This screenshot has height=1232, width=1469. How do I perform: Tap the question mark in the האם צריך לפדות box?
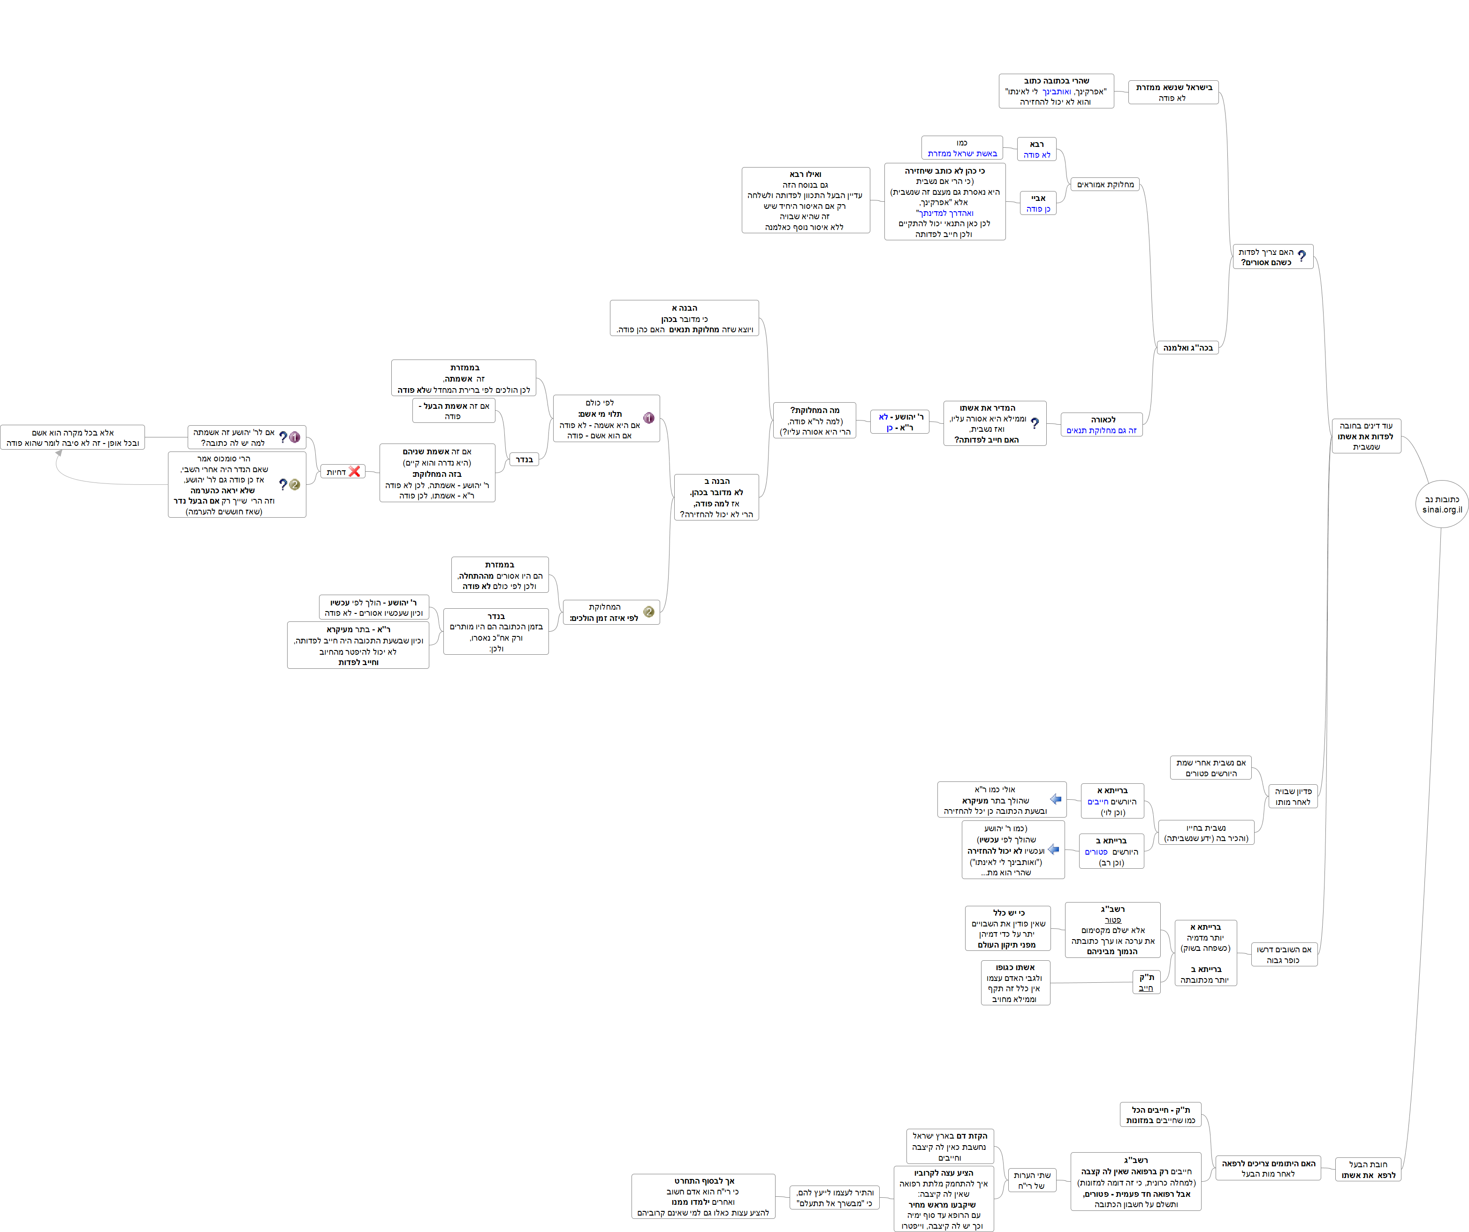coord(1301,256)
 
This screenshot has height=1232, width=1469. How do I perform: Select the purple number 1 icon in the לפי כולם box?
coord(648,418)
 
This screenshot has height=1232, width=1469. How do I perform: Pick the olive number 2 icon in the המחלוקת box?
coord(648,612)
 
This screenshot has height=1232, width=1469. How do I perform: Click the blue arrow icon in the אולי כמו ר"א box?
coord(1056,799)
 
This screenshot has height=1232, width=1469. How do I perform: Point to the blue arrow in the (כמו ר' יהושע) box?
coord(1053,849)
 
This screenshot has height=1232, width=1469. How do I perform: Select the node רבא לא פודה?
coord(1037,149)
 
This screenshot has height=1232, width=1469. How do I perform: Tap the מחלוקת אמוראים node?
coord(1105,185)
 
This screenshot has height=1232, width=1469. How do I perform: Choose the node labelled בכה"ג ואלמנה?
coord(1187,348)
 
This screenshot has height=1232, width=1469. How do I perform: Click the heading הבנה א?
coord(684,308)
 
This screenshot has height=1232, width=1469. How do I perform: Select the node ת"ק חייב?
coord(1146,982)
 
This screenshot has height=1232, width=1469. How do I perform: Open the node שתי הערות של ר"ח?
coord(1031,1180)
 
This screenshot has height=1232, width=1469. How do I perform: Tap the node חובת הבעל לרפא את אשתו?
coord(1368,1170)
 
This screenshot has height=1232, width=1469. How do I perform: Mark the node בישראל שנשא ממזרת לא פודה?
coord(1174,92)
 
